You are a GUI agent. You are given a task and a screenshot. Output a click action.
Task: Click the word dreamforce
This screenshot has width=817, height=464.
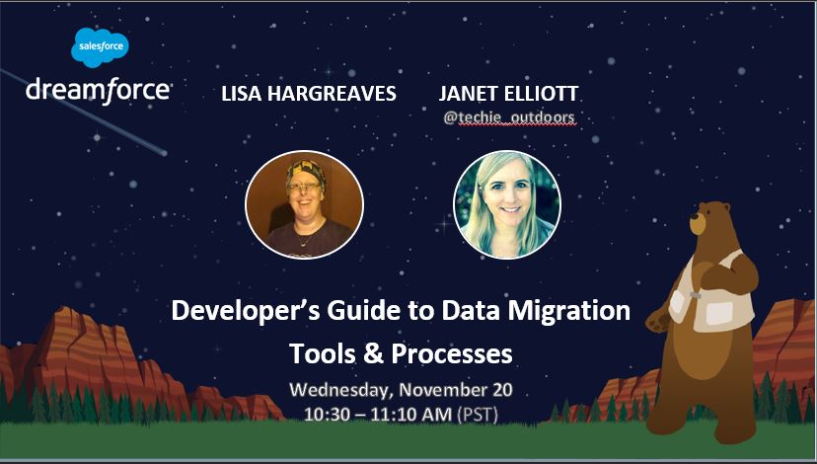98,90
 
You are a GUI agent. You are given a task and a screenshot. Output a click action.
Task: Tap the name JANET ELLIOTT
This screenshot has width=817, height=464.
507,94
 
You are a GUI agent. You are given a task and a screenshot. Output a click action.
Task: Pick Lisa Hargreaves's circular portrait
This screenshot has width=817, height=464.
304,204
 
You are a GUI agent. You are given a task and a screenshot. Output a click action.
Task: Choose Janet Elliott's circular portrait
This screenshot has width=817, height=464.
506,205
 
